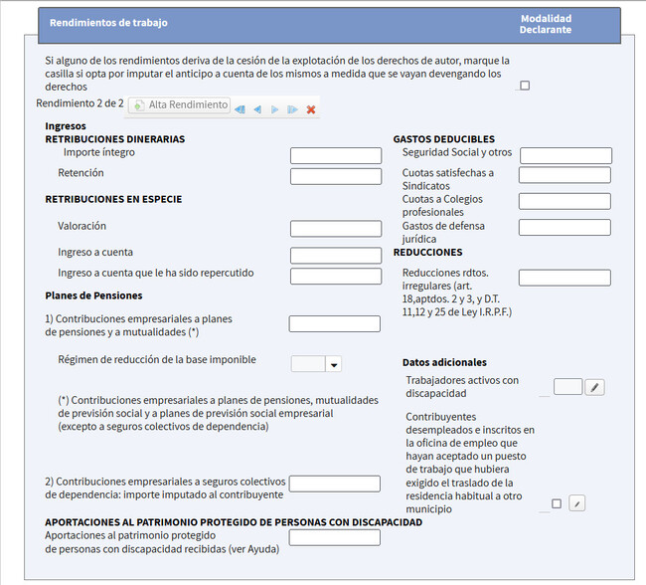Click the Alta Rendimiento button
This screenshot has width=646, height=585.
[179, 104]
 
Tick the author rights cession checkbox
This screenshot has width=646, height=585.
[525, 86]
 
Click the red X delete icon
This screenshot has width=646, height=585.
[311, 109]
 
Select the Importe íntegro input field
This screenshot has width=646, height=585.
[336, 156]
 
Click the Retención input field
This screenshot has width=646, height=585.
[336, 176]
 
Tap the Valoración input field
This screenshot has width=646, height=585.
[336, 229]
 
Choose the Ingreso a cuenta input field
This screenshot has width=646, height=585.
[336, 255]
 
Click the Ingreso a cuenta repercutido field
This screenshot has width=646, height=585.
[336, 276]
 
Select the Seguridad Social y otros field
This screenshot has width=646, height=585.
[565, 156]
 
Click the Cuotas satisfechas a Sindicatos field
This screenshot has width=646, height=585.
[565, 175]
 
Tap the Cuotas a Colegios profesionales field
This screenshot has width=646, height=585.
[565, 201]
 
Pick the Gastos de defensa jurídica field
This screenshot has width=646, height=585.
[565, 228]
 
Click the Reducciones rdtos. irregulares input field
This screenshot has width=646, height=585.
[565, 278]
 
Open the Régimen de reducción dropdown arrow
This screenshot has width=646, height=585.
[333, 364]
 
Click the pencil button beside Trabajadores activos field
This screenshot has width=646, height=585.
[594, 387]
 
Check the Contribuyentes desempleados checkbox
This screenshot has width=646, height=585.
[556, 503]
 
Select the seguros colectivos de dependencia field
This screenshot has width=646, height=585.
[334, 484]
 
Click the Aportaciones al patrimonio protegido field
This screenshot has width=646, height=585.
[334, 537]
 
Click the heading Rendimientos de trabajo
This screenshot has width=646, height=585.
[109, 22]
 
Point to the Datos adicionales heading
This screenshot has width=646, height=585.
[444, 362]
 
